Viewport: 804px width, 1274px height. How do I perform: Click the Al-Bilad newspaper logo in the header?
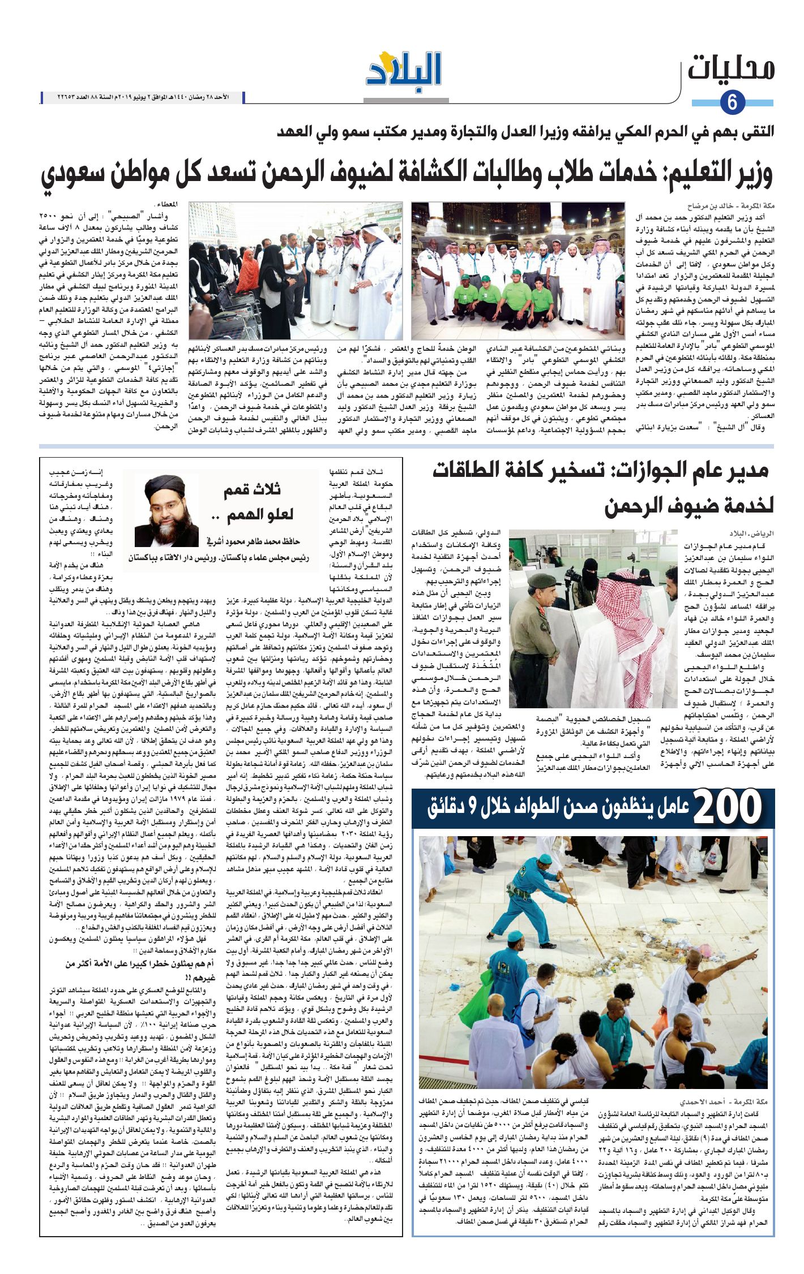coord(403,69)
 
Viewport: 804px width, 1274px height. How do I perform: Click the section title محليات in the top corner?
coord(730,69)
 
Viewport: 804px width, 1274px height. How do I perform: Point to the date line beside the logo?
coord(143,97)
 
